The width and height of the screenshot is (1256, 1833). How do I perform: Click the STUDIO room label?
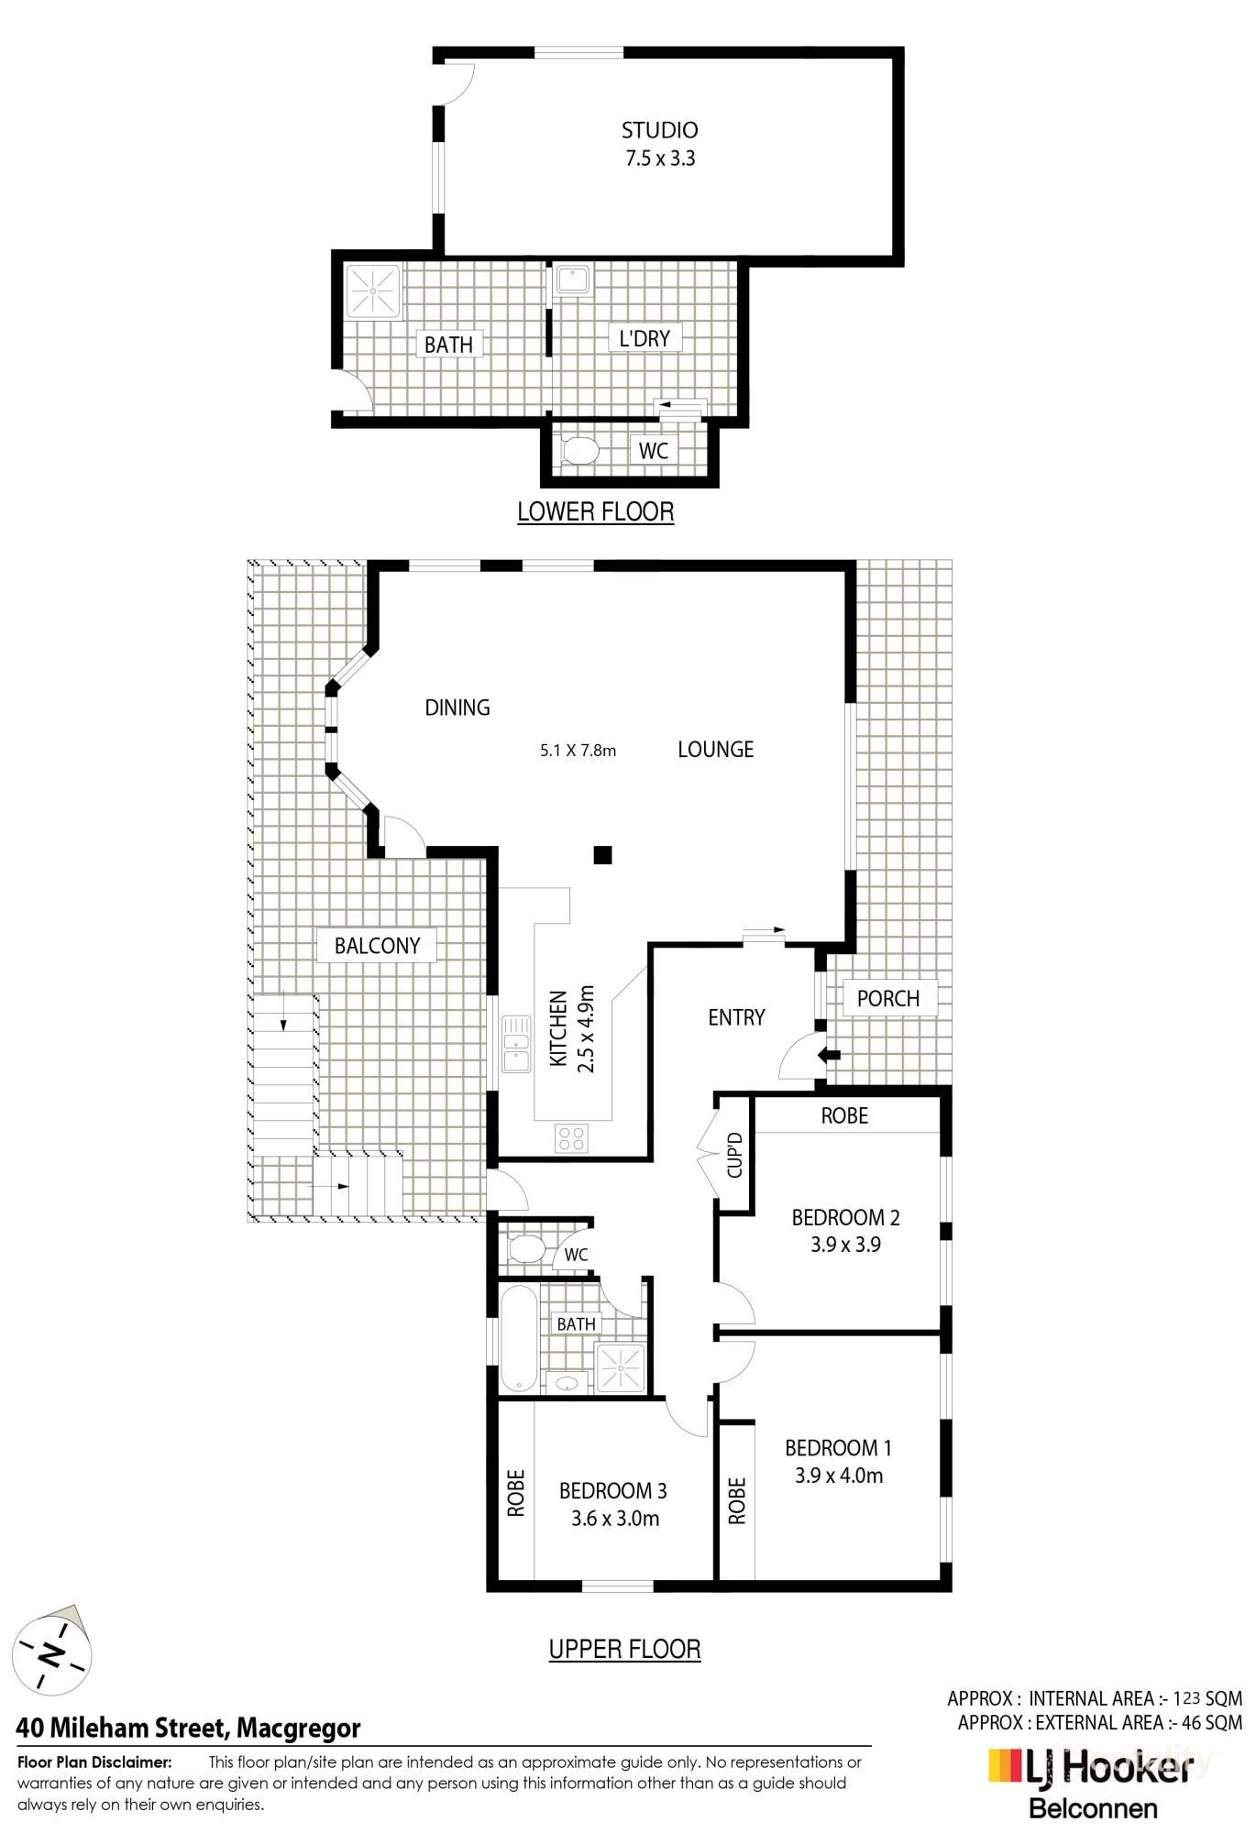659,130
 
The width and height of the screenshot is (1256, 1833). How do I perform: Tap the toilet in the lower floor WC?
578,450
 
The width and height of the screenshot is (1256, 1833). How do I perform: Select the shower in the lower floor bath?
373,291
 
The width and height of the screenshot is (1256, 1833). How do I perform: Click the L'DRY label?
645,338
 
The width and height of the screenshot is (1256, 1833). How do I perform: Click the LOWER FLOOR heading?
595,511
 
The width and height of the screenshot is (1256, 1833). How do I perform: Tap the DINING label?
457,708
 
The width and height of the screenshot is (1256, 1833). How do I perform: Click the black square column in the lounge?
602,856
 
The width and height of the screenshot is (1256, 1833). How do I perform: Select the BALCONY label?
377,946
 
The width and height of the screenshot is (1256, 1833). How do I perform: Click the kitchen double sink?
516,1043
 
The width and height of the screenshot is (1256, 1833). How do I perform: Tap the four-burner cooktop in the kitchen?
571,1138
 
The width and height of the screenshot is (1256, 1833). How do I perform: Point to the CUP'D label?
733,1155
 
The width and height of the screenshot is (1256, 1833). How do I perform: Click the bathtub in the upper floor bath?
518,1339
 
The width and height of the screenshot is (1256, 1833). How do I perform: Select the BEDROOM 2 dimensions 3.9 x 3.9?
844,1245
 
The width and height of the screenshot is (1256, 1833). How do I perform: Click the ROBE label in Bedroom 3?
516,1493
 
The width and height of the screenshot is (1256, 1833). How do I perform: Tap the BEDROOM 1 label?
838,1448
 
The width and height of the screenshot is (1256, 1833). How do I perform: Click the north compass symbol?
53,1654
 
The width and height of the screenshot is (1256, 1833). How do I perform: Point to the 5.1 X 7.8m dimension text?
578,751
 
